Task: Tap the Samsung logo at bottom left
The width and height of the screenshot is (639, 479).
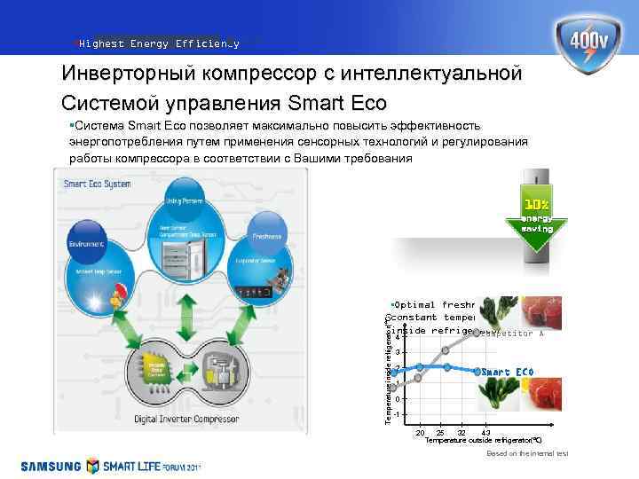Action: (x=51, y=466)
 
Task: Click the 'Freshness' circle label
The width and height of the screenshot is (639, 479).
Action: (x=266, y=237)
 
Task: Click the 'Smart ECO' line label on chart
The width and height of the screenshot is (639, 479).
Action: (x=508, y=371)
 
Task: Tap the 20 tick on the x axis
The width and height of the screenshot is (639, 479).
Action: (x=420, y=432)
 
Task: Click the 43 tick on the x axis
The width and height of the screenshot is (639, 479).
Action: (x=485, y=432)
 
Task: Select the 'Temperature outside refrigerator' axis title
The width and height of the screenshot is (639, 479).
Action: (x=483, y=440)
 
